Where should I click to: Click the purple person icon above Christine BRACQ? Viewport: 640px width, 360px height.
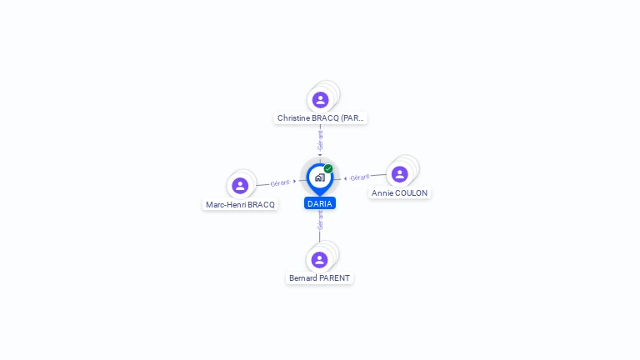(x=320, y=100)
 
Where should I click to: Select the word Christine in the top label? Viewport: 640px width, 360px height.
(x=293, y=118)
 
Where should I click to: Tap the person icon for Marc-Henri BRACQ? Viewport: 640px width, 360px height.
(x=240, y=185)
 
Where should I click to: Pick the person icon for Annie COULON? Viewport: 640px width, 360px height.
(x=399, y=173)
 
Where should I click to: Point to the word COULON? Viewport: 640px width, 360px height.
(x=412, y=193)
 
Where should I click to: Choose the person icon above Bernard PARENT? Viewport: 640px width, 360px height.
(x=319, y=259)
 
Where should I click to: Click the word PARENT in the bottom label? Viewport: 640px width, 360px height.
(x=335, y=278)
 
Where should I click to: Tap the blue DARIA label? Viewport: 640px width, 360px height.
(x=320, y=203)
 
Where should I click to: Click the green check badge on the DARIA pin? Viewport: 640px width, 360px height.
(x=328, y=168)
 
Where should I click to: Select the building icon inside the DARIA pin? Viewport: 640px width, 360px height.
(x=319, y=177)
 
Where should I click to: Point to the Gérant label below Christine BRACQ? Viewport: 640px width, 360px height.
(x=320, y=139)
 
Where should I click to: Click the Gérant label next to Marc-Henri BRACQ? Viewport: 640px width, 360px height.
(x=280, y=182)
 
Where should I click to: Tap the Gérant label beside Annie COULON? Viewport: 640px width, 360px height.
(x=360, y=177)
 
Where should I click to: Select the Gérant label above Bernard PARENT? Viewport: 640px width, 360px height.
(x=320, y=220)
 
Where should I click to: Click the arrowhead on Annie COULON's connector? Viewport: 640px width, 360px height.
(x=345, y=178)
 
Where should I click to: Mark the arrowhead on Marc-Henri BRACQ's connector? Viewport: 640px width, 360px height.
(x=295, y=181)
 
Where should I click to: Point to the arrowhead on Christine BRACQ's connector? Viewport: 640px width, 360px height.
(x=320, y=154)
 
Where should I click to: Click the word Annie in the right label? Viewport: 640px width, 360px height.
(x=382, y=193)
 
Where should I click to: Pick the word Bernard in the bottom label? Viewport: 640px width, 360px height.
(x=303, y=278)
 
